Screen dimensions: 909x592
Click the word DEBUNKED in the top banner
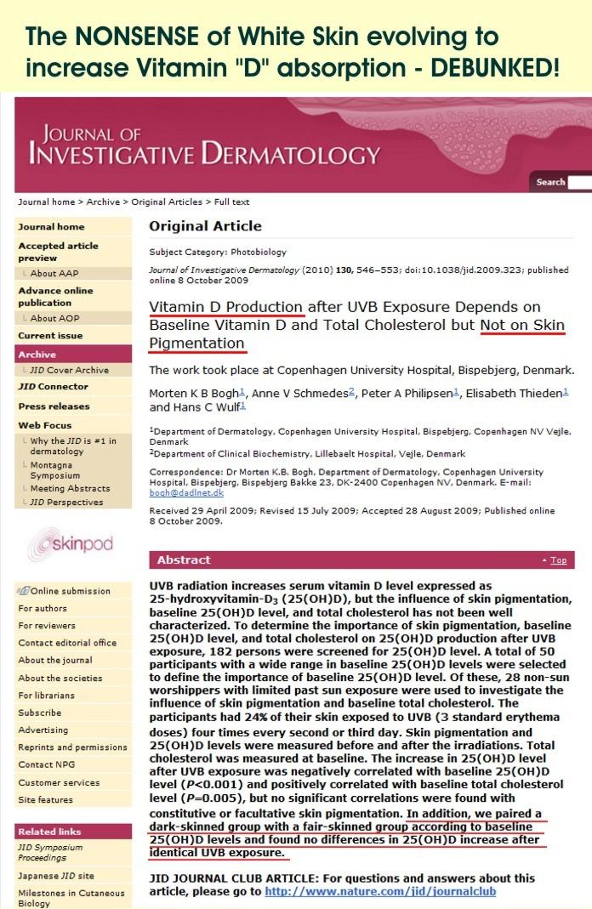tap(492, 66)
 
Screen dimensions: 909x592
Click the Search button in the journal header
tap(550, 182)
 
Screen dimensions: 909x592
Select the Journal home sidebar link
tap(51, 227)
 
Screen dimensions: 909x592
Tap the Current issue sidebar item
tap(50, 336)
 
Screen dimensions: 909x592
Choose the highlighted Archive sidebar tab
tap(37, 354)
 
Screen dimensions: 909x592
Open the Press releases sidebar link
tap(54, 406)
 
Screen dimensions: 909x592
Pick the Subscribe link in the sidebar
tap(40, 713)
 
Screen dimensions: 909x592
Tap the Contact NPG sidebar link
tap(47, 764)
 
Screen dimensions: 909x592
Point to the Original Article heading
tap(205, 226)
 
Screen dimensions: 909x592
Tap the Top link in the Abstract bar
tap(558, 560)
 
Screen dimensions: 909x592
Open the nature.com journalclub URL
tap(380, 891)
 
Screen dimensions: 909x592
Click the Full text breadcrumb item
tap(231, 202)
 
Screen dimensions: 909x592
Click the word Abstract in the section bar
tap(184, 560)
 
